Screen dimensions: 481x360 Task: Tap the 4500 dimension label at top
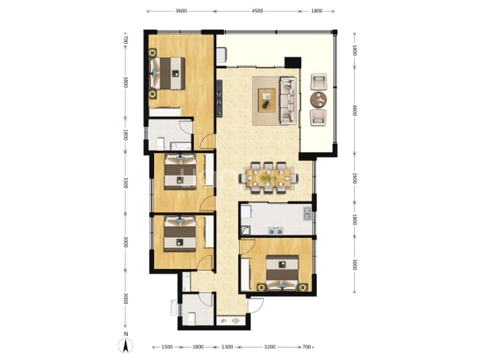(x=257, y=11)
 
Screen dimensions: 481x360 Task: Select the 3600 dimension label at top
(x=181, y=11)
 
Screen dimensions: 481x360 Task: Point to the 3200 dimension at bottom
(x=269, y=347)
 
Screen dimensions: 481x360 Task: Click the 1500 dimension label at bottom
(x=167, y=347)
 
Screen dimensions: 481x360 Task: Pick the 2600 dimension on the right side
(x=354, y=178)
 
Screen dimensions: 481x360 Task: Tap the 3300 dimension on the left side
(x=125, y=182)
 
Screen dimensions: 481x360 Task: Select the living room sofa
(x=288, y=100)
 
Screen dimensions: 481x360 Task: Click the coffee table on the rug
(x=267, y=100)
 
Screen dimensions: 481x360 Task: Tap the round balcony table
(x=318, y=100)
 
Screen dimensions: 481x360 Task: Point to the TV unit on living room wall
(x=219, y=98)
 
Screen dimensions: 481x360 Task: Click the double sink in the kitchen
(x=307, y=214)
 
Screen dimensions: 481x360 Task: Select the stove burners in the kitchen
(x=276, y=231)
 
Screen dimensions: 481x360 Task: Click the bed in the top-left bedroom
(x=167, y=74)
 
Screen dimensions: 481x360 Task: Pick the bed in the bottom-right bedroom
(x=282, y=272)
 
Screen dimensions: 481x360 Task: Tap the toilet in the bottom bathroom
(x=191, y=318)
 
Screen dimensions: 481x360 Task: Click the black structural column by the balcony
(x=293, y=63)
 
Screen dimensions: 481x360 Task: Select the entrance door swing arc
(x=258, y=306)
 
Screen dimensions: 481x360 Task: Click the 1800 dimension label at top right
(x=317, y=11)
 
